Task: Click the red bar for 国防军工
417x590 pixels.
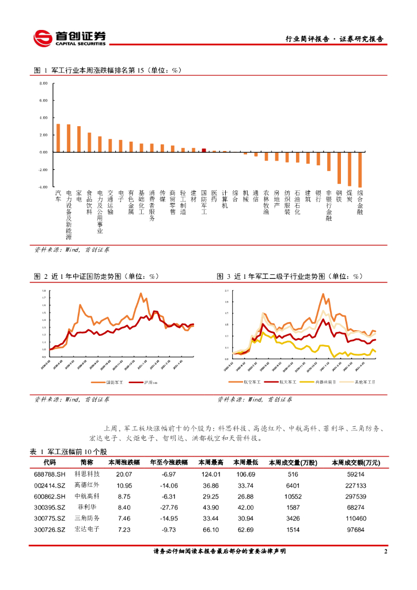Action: pos(204,150)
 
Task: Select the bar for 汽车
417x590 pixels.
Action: pos(58,138)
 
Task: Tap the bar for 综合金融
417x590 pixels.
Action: pos(360,169)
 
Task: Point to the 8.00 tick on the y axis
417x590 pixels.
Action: pos(43,84)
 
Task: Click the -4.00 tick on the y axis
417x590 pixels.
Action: pos(43,187)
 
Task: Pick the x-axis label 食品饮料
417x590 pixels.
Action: pos(89,203)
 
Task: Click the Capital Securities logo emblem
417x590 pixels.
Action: pos(42,39)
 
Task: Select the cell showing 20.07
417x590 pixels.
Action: pos(124,474)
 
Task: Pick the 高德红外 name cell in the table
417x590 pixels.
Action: pos(87,485)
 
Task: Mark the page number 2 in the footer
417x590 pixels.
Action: pos(385,551)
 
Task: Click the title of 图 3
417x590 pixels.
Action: pos(289,277)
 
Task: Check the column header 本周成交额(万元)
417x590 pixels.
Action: pos(355,462)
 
